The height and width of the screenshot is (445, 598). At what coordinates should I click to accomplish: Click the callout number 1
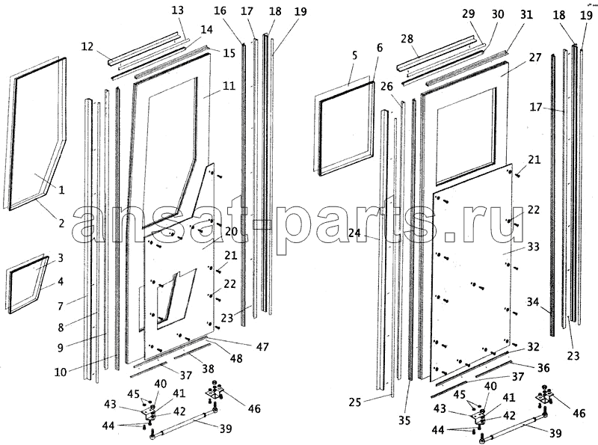point(61,190)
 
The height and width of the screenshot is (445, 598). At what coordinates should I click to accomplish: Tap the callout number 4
point(61,282)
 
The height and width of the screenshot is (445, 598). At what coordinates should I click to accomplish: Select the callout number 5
point(354,55)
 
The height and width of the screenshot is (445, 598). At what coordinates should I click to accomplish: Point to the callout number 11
point(229,85)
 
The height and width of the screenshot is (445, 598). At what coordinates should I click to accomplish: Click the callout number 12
point(87,46)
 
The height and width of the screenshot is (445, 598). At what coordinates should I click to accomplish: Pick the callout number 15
point(229,52)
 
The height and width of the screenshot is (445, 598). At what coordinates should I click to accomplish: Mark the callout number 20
point(231,232)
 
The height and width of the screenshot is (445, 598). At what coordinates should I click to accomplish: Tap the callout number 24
point(355,233)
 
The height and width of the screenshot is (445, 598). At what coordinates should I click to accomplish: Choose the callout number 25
point(354,402)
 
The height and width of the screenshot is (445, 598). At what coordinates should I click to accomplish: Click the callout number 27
point(535,58)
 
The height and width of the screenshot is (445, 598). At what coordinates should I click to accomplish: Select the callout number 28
point(407,39)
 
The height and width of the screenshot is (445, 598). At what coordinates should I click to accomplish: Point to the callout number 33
point(533,247)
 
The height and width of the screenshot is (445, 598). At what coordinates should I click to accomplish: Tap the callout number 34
point(533,302)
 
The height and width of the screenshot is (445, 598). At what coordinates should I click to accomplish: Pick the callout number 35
point(404,420)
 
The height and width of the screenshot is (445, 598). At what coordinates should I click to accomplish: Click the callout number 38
point(208,369)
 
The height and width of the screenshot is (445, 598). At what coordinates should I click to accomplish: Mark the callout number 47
point(262,347)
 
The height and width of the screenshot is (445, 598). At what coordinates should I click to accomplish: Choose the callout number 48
point(236,358)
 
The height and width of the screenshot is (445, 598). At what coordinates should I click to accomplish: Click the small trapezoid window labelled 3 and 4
point(27,284)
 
